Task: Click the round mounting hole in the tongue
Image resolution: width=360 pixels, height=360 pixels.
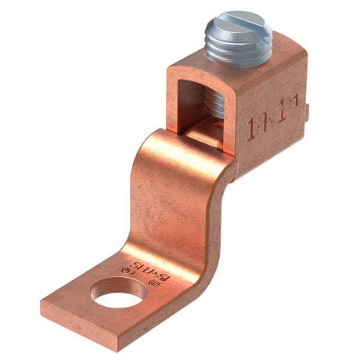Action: (111, 297)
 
